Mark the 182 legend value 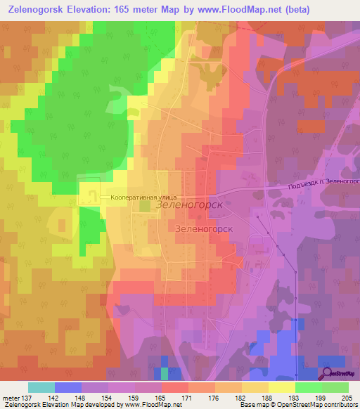coord(242,398)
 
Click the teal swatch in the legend coord(41,387)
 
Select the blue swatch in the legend coord(68,387)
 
